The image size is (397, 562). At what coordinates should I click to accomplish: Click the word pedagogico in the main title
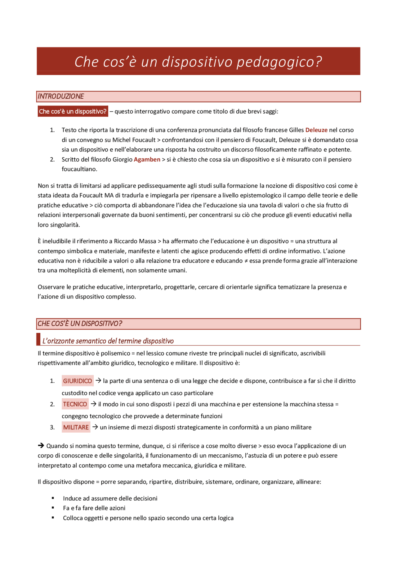click(x=279, y=62)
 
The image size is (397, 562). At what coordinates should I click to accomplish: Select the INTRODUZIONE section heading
click(x=61, y=97)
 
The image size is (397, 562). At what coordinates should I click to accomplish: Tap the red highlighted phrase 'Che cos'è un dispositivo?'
click(x=73, y=111)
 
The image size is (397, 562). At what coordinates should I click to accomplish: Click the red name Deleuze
click(x=316, y=130)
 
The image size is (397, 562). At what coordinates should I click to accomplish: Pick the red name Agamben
click(x=147, y=160)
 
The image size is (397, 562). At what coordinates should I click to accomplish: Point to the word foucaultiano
click(x=79, y=169)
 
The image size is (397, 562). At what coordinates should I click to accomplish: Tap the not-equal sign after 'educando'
click(x=246, y=261)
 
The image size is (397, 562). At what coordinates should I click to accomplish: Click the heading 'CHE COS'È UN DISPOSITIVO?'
click(x=80, y=324)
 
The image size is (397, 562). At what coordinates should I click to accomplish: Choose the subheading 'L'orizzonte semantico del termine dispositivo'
click(x=108, y=341)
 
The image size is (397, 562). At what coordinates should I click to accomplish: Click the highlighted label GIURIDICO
click(x=78, y=381)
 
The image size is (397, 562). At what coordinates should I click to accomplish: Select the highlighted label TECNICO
click(x=75, y=404)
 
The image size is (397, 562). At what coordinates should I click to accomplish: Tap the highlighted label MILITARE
click(x=76, y=427)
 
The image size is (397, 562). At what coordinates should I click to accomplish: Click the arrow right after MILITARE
click(x=95, y=427)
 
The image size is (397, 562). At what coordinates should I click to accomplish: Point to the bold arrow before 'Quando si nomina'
click(x=41, y=446)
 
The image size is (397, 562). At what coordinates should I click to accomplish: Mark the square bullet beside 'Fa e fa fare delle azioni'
click(x=53, y=508)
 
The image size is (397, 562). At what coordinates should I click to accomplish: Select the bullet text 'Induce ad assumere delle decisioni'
click(x=110, y=498)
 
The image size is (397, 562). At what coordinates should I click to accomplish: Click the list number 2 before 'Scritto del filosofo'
click(x=52, y=160)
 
